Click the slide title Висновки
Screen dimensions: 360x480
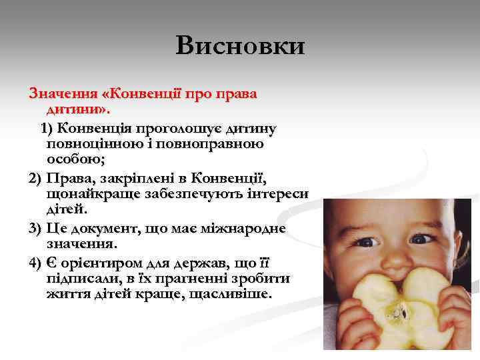pos(241,46)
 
